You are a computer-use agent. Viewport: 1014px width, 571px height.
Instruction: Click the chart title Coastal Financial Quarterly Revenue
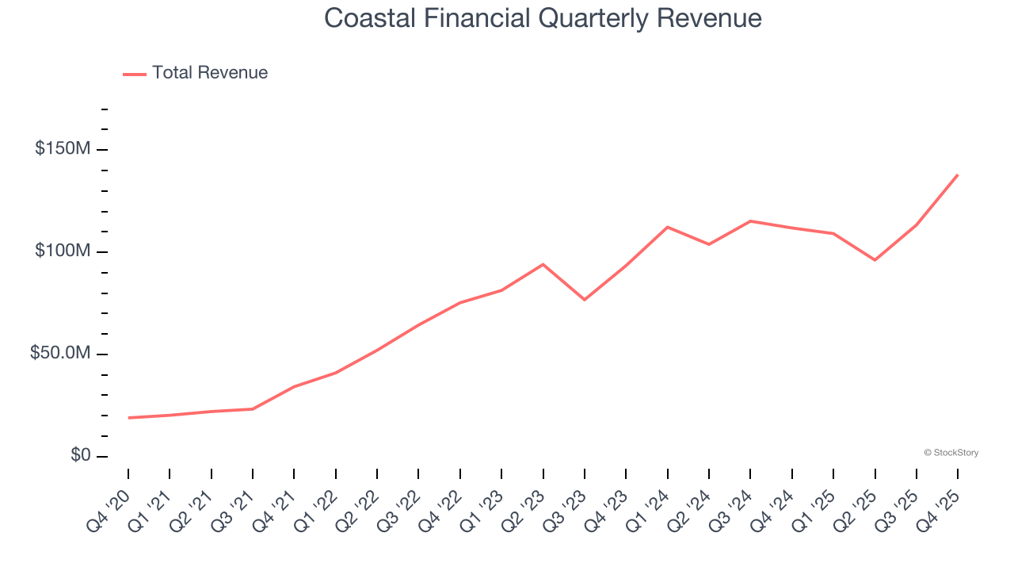[543, 18]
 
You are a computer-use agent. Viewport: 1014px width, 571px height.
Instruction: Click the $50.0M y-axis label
[60, 354]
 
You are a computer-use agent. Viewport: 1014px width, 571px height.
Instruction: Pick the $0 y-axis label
[80, 455]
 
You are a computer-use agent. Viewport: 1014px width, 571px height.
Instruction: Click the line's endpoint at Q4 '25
[958, 174]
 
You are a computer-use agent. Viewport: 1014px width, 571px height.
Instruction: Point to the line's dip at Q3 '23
[585, 300]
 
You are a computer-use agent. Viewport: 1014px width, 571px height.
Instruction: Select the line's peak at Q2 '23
[543, 264]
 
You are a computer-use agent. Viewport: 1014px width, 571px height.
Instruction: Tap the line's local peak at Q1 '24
[668, 227]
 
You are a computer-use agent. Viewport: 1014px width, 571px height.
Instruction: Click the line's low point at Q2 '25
[875, 260]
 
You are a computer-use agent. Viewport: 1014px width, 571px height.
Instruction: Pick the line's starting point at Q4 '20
[128, 418]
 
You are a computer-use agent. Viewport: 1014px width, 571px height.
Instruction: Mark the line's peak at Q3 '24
[750, 221]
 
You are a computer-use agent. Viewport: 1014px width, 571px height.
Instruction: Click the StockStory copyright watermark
[951, 453]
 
